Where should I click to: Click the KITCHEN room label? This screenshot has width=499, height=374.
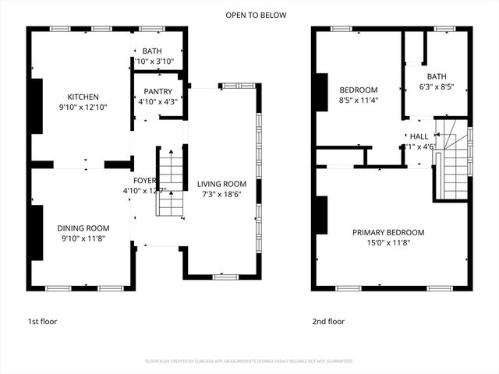(82, 97)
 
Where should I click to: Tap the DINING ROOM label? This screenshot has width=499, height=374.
(82, 228)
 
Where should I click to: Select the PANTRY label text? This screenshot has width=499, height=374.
(157, 91)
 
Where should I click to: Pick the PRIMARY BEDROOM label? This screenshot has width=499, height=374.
(388, 232)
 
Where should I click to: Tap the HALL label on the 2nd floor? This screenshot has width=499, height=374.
(419, 136)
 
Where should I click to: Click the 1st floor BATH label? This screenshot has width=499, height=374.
(151, 51)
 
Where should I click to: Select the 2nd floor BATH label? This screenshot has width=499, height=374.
(436, 76)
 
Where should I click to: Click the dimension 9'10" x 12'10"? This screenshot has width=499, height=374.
(82, 107)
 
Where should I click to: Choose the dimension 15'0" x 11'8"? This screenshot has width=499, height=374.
(388, 242)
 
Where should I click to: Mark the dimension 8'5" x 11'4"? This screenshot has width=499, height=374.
(358, 100)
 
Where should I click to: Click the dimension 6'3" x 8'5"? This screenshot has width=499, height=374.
(436, 86)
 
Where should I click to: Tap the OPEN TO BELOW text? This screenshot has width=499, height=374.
(256, 15)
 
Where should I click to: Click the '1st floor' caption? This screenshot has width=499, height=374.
(42, 321)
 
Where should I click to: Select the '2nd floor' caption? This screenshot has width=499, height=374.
(328, 321)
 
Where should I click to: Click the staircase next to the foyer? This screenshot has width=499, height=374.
(168, 183)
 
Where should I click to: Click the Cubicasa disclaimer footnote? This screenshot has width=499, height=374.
(249, 362)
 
